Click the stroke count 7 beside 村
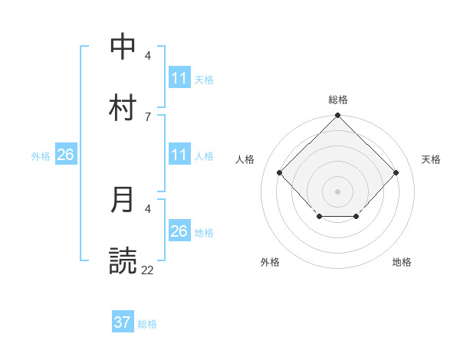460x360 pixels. (147, 116)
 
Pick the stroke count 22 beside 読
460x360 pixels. (147, 270)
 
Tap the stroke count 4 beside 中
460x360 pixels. (147, 56)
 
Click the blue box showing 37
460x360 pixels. (123, 322)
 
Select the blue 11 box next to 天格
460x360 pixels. (179, 78)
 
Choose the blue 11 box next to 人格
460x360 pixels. (179, 155)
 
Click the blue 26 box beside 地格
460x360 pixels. (179, 231)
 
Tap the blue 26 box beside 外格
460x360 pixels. (66, 155)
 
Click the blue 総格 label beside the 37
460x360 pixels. (147, 324)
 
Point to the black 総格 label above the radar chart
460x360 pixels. (337, 100)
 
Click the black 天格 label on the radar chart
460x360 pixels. (431, 159)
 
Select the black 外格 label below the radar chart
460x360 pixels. (270, 262)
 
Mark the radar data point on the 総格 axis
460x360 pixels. (337, 116)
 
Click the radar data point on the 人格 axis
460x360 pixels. (280, 172)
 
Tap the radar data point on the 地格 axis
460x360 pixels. (356, 218)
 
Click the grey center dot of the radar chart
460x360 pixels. (337, 191)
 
